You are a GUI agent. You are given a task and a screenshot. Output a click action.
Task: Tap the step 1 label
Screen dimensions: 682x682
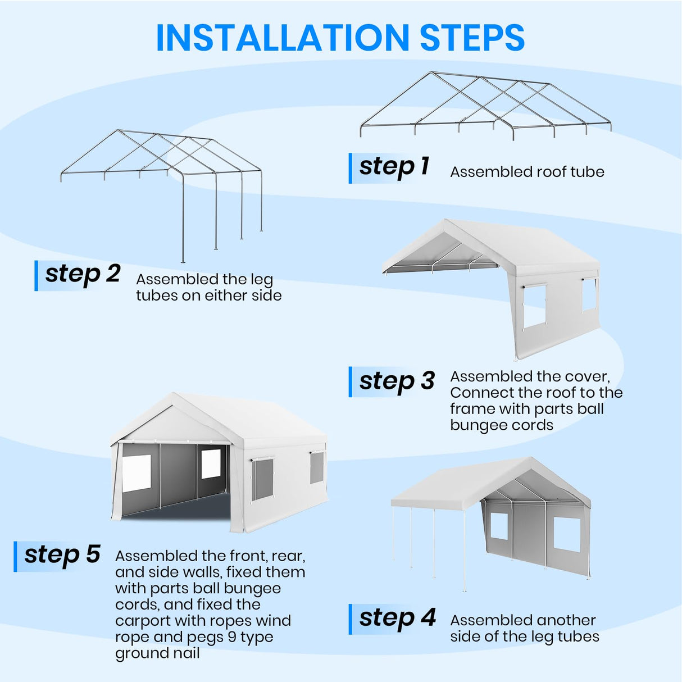[394, 167]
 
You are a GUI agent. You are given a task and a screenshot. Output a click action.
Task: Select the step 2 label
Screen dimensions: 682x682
[83, 274]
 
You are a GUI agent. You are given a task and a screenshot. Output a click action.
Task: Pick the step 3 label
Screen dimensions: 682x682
[397, 381]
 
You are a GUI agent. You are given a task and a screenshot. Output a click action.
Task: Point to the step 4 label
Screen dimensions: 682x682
[397, 618]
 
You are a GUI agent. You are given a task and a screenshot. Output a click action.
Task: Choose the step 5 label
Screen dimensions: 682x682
[62, 555]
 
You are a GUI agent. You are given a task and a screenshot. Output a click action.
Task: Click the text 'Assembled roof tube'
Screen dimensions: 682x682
[527, 172]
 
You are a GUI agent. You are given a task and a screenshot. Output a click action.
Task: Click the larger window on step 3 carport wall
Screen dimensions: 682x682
[534, 306]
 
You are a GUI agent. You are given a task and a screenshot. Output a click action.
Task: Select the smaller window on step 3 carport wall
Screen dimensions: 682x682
[589, 294]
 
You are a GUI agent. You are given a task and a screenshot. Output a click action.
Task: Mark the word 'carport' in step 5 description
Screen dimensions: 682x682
[143, 621]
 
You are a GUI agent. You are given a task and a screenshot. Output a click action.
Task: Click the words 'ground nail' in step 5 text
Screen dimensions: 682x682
[157, 653]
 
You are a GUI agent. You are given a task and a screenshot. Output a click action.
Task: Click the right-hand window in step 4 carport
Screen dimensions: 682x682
[566, 534]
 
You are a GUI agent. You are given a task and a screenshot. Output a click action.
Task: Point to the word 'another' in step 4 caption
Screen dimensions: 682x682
[565, 620]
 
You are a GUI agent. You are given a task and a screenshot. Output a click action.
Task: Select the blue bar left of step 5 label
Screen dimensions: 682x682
[16, 556]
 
